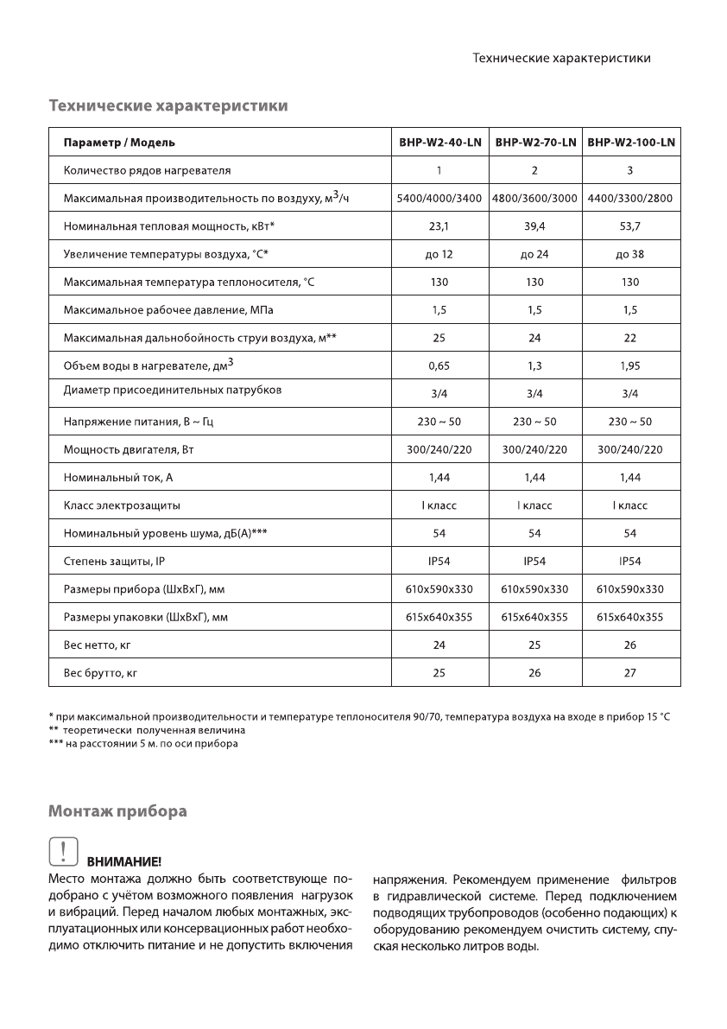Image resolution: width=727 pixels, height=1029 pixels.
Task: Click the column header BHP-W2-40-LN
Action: tap(439, 143)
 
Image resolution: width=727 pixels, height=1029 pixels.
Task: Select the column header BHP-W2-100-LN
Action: tap(630, 143)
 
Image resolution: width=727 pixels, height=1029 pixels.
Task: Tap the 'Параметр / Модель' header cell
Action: tap(119, 143)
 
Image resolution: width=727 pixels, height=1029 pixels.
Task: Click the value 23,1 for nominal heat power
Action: tap(439, 226)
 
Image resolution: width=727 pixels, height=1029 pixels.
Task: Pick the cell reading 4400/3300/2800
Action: tap(630, 199)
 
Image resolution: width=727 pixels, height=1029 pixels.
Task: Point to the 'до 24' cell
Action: tap(534, 254)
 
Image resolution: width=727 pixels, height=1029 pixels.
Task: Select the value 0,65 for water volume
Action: tap(439, 365)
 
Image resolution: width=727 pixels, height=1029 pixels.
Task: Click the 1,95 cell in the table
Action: tap(630, 365)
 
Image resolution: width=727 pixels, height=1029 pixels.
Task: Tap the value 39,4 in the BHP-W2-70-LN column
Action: tap(534, 226)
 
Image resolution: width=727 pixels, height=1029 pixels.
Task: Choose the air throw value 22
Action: tap(630, 338)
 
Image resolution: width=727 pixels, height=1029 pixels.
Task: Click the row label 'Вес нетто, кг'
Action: tap(97, 645)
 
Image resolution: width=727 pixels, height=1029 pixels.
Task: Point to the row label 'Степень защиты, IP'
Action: tap(114, 562)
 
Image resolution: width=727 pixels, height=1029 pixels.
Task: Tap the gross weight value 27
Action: tap(630, 672)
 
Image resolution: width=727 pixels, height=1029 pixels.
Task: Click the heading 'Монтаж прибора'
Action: tap(117, 812)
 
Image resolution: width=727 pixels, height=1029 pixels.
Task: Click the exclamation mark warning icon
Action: tap(62, 853)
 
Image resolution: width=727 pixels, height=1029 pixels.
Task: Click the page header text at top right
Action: tap(561, 58)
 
